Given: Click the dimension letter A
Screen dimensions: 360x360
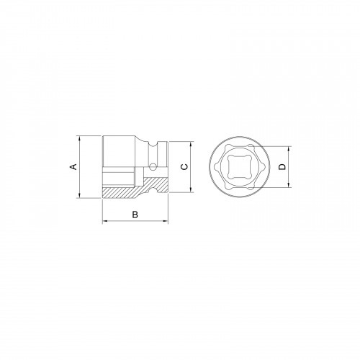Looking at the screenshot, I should click(72, 166).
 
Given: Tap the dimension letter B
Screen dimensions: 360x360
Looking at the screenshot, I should click(135, 215).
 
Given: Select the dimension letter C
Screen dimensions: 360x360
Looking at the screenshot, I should click(184, 166).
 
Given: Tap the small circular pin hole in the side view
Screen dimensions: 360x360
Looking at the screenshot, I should click(153, 166).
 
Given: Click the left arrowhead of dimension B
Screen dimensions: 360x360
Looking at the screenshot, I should click(105, 221).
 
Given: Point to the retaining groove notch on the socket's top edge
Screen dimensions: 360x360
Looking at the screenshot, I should click(153, 145).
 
